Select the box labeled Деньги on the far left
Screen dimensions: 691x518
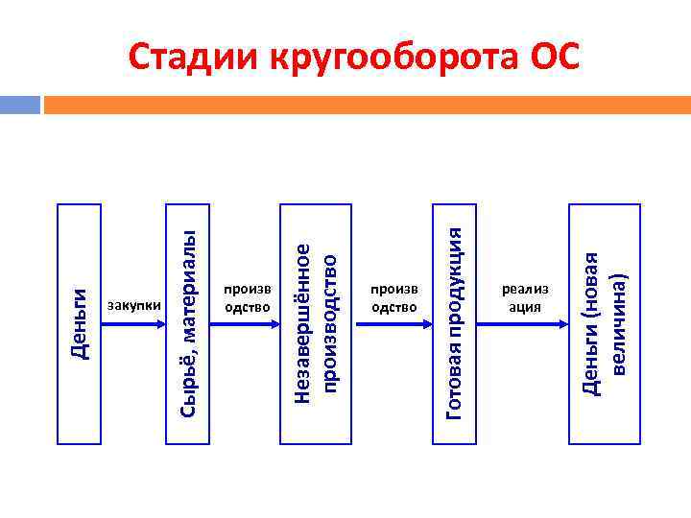pyautogui.click(x=79, y=324)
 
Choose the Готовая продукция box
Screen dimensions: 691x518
pyautogui.click(x=455, y=324)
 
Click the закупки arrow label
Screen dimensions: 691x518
pyautogui.click(x=133, y=306)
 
